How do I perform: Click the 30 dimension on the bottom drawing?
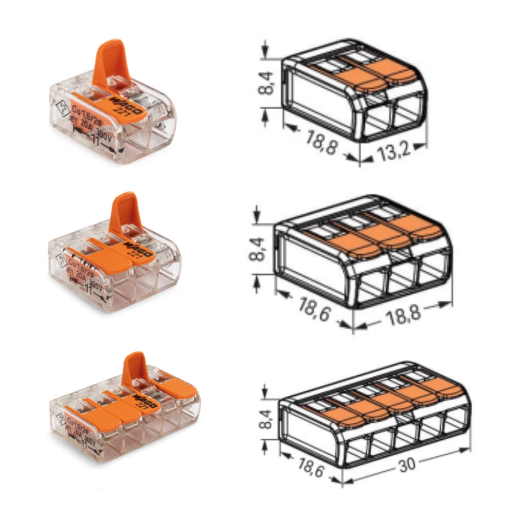point(407,464)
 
